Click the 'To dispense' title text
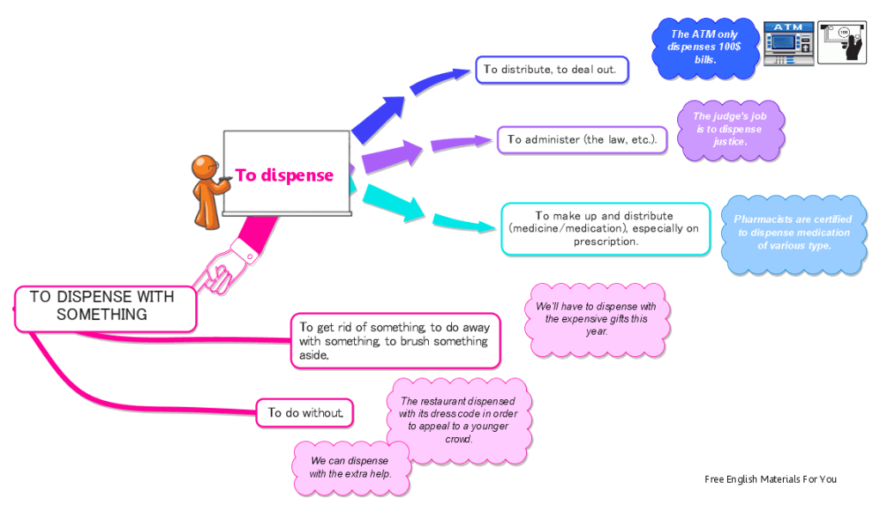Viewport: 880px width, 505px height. pyautogui.click(x=284, y=176)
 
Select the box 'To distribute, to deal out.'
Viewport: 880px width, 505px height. pyautogui.click(x=552, y=70)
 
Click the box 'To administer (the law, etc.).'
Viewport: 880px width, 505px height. pyautogui.click(x=582, y=139)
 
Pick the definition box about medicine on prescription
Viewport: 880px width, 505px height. pyautogui.click(x=605, y=229)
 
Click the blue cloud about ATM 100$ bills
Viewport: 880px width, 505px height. pyautogui.click(x=703, y=47)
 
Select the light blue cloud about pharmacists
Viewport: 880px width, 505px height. pyautogui.click(x=793, y=232)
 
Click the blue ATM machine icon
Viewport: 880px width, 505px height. pyautogui.click(x=788, y=43)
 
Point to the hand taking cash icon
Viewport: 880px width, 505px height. pyautogui.click(x=840, y=43)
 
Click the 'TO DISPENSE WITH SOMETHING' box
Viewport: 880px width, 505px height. pyautogui.click(x=102, y=306)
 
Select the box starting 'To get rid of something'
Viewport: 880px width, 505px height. pyautogui.click(x=394, y=341)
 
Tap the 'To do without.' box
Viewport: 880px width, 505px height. pyautogui.click(x=305, y=413)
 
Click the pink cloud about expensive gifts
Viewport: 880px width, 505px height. pyautogui.click(x=596, y=318)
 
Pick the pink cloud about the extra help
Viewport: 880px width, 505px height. pyautogui.click(x=350, y=466)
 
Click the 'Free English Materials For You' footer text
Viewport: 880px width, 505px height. pyautogui.click(x=770, y=479)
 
